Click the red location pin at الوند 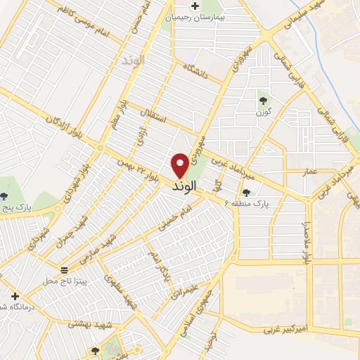[180, 166]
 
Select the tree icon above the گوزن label [264, 100]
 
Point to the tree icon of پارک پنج [4, 196]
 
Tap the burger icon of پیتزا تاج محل [64, 270]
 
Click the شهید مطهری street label [117, 289]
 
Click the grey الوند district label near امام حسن [131, 60]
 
